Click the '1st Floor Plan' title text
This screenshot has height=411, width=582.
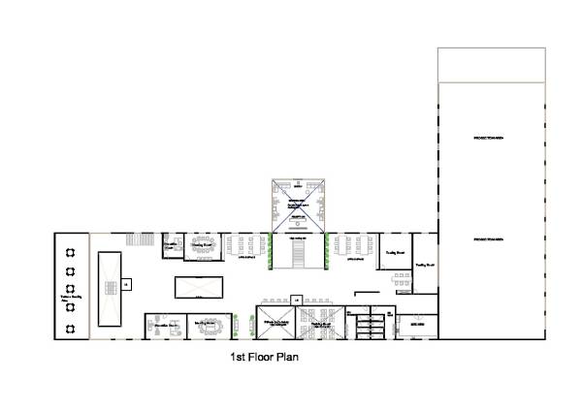coord(262,357)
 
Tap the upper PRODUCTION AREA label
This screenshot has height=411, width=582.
coord(487,139)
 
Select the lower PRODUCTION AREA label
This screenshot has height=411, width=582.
coord(487,238)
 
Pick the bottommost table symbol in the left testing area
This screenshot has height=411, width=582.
coord(71,328)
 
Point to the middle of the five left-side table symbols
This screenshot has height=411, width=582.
coord(71,289)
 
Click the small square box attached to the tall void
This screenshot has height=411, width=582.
coord(126,284)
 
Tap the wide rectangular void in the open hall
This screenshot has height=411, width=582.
coord(198,287)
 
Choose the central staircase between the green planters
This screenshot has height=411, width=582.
coord(299,254)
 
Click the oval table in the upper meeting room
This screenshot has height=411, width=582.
coord(203,241)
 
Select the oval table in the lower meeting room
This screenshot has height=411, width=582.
coord(209,326)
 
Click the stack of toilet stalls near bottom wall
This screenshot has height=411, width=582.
coord(369,327)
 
